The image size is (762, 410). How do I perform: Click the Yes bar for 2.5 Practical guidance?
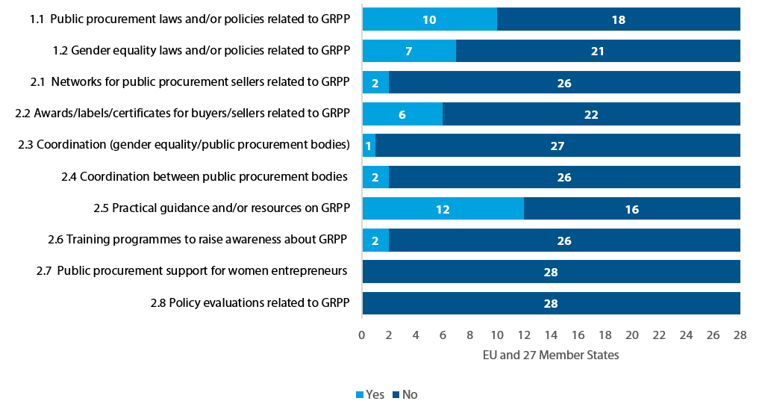click(443, 208)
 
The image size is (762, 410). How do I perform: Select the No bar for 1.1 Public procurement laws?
click(618, 19)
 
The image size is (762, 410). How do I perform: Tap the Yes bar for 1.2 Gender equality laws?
click(409, 52)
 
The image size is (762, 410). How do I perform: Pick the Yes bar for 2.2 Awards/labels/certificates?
click(402, 114)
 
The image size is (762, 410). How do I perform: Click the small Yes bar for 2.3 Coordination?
click(369, 146)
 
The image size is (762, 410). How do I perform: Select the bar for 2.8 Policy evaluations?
click(551, 303)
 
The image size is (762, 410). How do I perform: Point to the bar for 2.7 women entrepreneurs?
click(551, 272)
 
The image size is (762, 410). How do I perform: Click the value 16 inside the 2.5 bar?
click(631, 209)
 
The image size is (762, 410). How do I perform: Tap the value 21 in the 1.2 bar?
click(597, 52)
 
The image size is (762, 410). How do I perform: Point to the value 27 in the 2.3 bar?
click(557, 146)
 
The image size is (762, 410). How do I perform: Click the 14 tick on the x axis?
click(551, 335)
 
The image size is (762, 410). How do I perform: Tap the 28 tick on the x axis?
click(740, 335)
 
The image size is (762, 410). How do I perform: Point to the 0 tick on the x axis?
click(362, 335)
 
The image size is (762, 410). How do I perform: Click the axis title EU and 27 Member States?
click(551, 355)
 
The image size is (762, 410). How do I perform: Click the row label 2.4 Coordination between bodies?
click(204, 176)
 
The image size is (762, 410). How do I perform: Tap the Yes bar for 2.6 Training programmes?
click(375, 240)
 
